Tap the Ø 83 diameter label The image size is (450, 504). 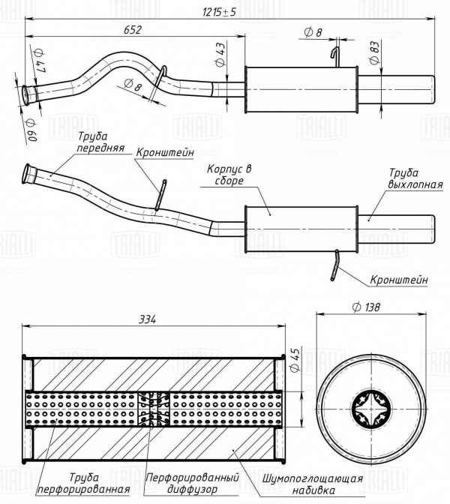373,52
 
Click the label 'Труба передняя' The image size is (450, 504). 99,142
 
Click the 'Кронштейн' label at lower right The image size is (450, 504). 398,280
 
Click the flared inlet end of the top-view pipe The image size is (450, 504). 28,92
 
